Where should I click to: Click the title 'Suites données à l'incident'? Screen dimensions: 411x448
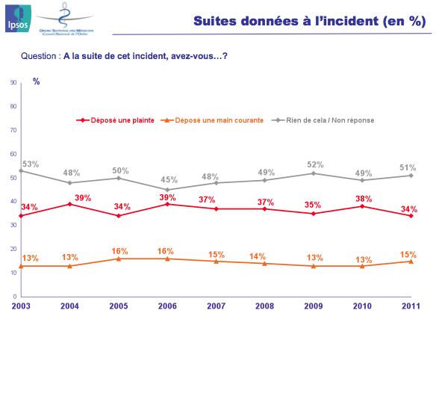[309, 22]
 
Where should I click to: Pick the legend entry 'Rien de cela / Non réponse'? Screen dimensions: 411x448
[329, 120]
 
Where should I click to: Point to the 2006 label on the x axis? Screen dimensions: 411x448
[167, 306]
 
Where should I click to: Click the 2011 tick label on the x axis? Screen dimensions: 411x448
[411, 306]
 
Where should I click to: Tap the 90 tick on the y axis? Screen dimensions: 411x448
[14, 83]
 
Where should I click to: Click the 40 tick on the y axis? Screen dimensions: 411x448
[14, 202]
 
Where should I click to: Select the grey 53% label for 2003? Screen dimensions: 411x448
[30, 164]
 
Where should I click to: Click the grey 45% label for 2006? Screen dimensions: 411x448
[169, 179]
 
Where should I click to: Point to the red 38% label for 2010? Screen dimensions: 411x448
[364, 199]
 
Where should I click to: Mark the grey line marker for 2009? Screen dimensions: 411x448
[314, 173]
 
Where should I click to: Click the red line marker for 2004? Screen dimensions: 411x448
[70, 204]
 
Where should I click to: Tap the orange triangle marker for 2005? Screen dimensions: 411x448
[119, 259]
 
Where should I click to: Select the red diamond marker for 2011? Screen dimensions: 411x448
[411, 216]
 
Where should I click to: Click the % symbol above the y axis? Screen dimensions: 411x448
[36, 81]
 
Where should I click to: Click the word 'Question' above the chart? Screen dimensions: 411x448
[40, 56]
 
